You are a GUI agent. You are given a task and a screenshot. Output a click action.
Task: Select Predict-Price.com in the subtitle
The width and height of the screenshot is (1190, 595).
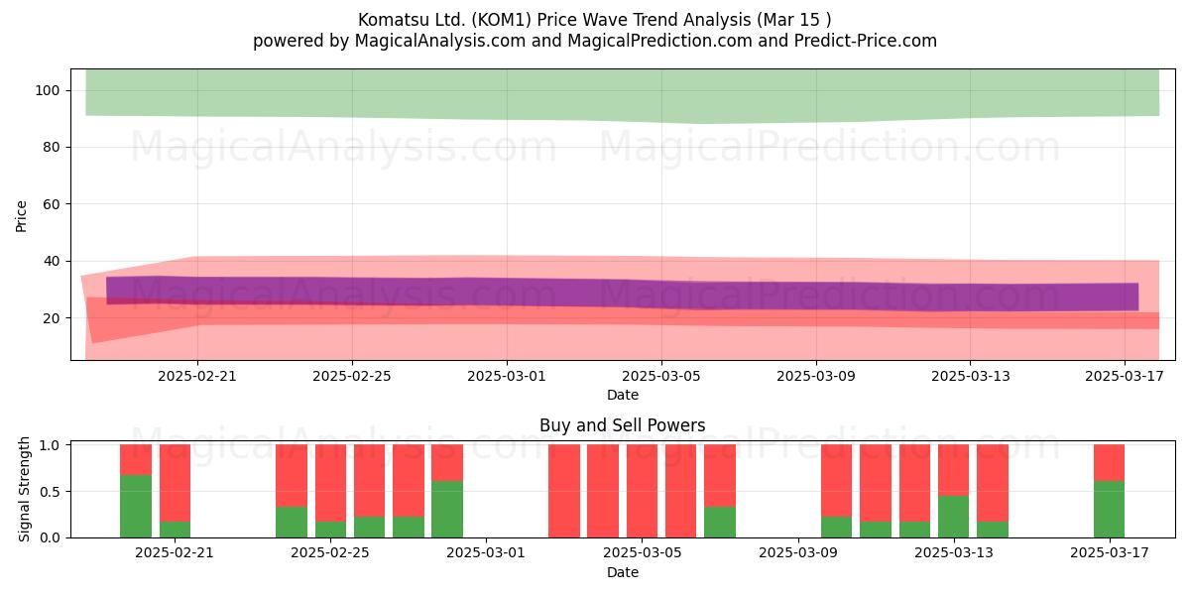[866, 41]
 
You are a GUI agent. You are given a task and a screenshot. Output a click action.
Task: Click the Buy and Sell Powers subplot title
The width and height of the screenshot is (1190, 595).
[622, 425]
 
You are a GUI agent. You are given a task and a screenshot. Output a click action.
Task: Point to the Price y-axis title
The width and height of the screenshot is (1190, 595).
[21, 217]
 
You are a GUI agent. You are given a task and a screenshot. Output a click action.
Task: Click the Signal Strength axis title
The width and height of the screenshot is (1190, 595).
[24, 489]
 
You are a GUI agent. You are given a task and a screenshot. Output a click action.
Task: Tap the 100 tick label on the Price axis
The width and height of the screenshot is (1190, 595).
[48, 91]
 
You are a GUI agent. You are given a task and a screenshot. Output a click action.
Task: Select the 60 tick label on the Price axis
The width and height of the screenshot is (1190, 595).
[51, 204]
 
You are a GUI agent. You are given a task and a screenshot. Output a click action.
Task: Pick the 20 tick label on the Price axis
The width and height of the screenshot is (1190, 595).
[51, 318]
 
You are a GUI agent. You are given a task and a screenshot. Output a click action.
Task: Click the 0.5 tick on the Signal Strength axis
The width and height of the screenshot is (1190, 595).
[50, 492]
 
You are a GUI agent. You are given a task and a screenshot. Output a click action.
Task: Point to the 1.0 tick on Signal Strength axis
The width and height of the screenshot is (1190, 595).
[50, 445]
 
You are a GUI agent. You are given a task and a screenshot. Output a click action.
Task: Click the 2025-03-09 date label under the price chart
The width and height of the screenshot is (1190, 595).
[816, 376]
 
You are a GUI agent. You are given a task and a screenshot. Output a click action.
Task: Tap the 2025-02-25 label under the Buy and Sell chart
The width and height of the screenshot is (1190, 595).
[330, 552]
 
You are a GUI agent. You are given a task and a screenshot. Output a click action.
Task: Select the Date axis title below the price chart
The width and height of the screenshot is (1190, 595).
[623, 395]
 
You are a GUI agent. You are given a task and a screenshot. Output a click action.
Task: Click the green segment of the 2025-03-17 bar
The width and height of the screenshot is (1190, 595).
[1110, 509]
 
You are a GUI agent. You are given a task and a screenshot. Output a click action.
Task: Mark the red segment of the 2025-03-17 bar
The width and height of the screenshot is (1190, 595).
[1110, 463]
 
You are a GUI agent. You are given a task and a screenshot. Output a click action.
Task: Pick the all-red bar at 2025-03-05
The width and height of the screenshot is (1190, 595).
[642, 491]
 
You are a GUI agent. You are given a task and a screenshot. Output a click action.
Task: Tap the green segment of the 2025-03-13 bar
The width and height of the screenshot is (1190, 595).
[953, 517]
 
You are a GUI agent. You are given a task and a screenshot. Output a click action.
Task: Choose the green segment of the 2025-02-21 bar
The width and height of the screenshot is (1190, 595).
[175, 530]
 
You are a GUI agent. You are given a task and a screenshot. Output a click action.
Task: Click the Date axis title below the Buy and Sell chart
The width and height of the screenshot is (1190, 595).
[623, 572]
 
